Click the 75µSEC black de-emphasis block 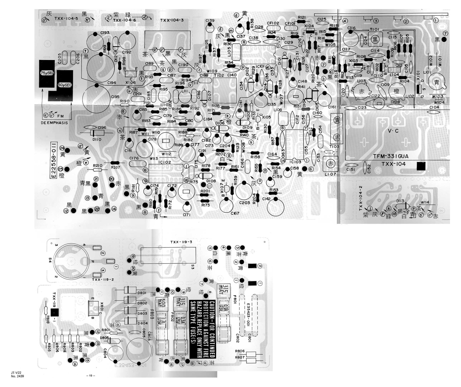(47, 74)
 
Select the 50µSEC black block (65, 85)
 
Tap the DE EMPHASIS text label (54, 123)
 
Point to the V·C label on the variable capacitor (393, 131)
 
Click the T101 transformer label (375, 29)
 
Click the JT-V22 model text (17, 373)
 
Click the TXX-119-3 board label (181, 242)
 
